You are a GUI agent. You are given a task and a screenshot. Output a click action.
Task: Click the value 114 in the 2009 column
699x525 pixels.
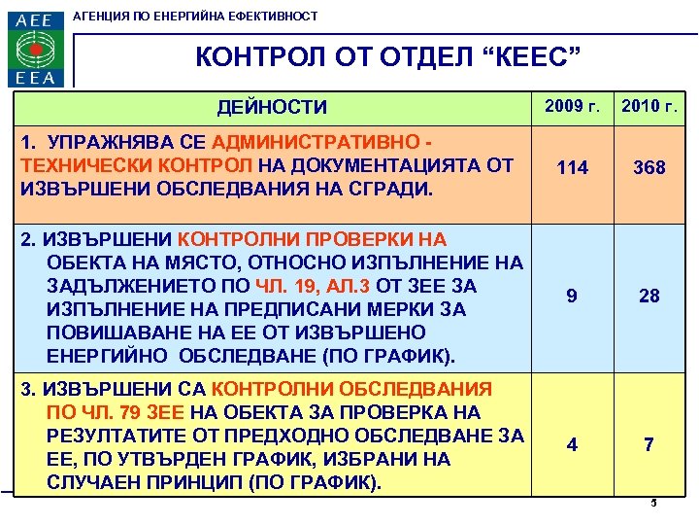(x=573, y=168)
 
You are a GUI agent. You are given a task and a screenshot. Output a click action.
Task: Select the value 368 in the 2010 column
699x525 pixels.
(x=649, y=168)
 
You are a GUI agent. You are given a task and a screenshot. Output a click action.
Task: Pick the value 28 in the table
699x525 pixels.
(x=649, y=296)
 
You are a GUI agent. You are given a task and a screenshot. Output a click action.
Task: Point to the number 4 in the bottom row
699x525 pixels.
(x=573, y=444)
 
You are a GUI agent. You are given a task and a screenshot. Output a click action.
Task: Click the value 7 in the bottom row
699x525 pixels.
(x=649, y=444)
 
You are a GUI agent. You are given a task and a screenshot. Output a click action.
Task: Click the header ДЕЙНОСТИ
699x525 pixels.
(x=272, y=107)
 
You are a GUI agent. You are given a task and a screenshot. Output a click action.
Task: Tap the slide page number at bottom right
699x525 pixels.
(x=653, y=503)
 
